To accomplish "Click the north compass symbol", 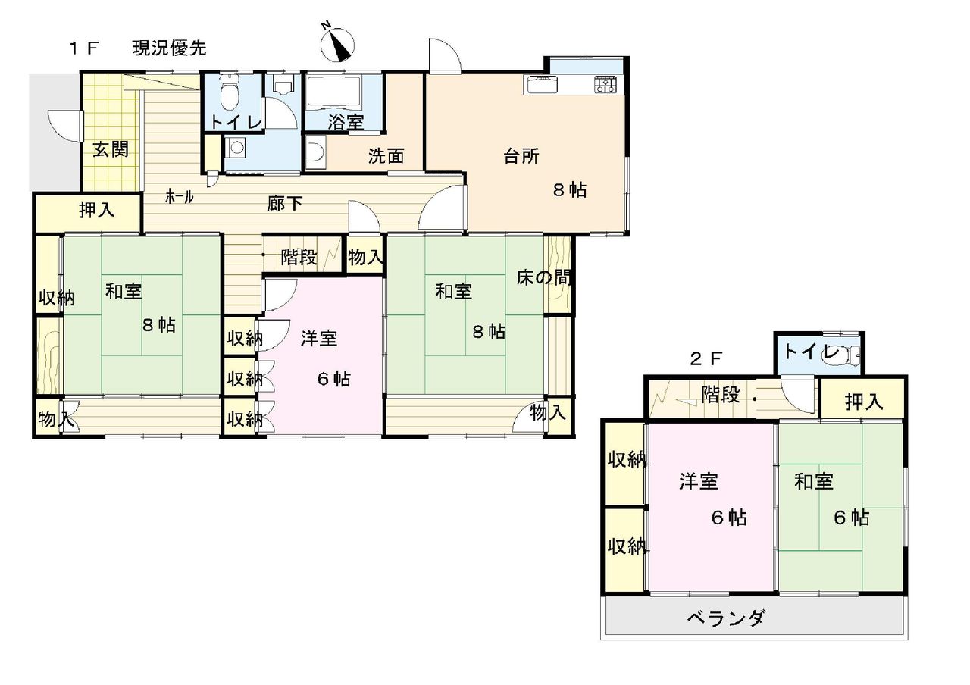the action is pos(338,45).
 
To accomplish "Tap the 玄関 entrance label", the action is pos(111,150).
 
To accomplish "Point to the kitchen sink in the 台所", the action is pos(541,84).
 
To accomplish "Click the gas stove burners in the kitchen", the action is pos(606,84).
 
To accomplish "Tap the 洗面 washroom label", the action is pos(386,156).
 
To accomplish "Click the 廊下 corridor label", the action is pos(284,204).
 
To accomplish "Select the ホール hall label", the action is pos(180,198).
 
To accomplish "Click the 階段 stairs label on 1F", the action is pos(299,258).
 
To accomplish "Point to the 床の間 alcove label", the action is pos(543,278).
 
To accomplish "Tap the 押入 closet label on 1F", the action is pos(96,210).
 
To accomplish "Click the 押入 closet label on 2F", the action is pos(864,402).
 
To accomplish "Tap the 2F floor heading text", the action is pos(706,358).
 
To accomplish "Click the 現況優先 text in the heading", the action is pos(169,48).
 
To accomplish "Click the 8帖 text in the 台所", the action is pos(570,190).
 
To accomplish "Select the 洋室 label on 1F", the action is pos(319,338).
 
